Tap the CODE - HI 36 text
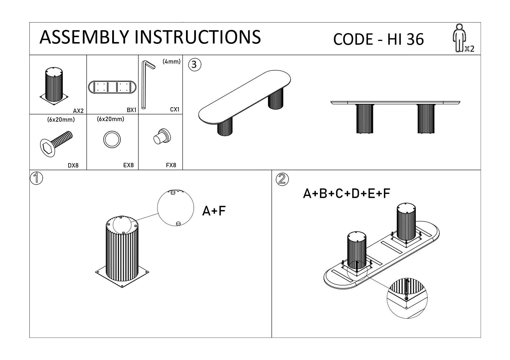pos(378,39)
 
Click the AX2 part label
pos(78,111)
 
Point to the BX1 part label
pos(131,110)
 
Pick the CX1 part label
pos(175,109)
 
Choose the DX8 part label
pos(73,166)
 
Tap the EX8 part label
pos(128,165)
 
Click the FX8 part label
pos(171,165)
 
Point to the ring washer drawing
pos(112,139)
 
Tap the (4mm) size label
pos(171,62)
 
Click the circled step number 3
pos(194,65)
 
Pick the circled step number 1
pos(37,178)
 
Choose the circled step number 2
pos(282,179)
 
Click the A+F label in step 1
pos(214,211)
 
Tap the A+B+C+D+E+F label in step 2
pos(346,194)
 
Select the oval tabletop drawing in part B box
pos(112,87)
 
